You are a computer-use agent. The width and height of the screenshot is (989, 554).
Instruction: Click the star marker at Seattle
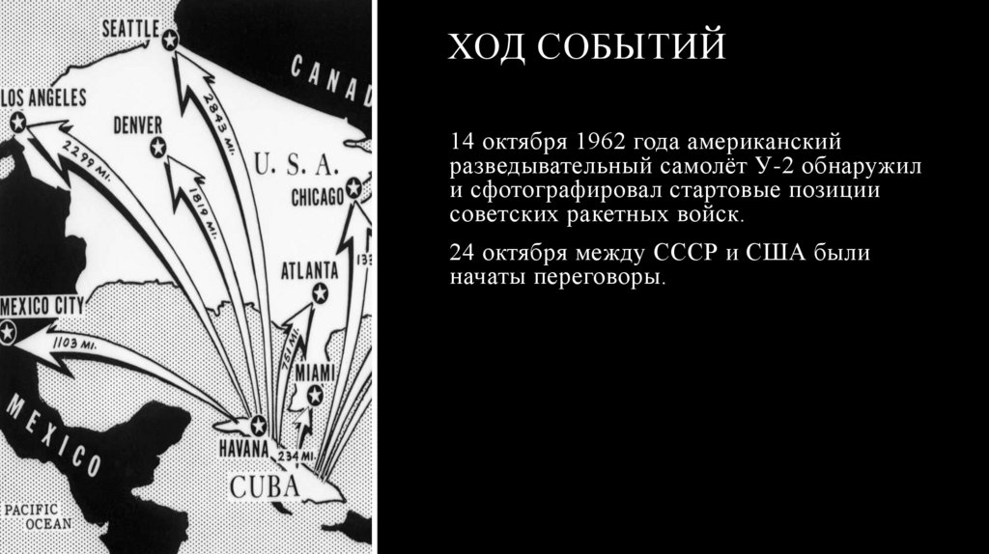point(171,40)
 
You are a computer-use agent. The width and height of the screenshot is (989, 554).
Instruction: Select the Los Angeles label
point(43,97)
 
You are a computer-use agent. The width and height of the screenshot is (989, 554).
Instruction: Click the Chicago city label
point(317,198)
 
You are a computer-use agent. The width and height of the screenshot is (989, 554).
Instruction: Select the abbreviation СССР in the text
point(683,254)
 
